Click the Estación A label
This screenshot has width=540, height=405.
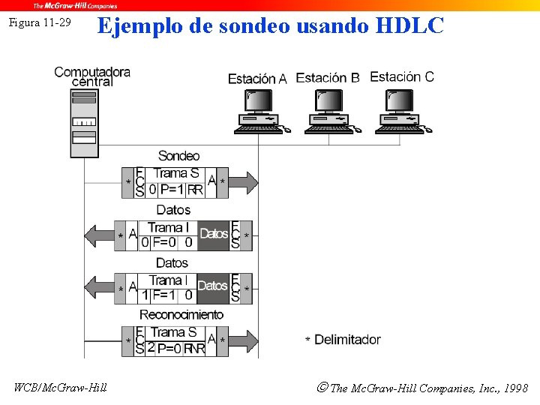(x=257, y=79)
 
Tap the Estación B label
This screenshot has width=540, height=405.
(x=328, y=77)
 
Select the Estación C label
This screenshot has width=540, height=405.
(x=401, y=76)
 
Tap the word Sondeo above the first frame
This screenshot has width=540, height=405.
(x=178, y=156)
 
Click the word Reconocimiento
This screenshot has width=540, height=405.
(x=181, y=314)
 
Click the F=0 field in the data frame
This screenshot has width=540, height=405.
(x=163, y=242)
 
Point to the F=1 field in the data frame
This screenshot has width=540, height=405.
(x=163, y=295)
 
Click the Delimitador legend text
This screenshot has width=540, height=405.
(x=346, y=340)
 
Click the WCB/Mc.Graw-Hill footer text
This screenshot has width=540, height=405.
(x=60, y=388)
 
